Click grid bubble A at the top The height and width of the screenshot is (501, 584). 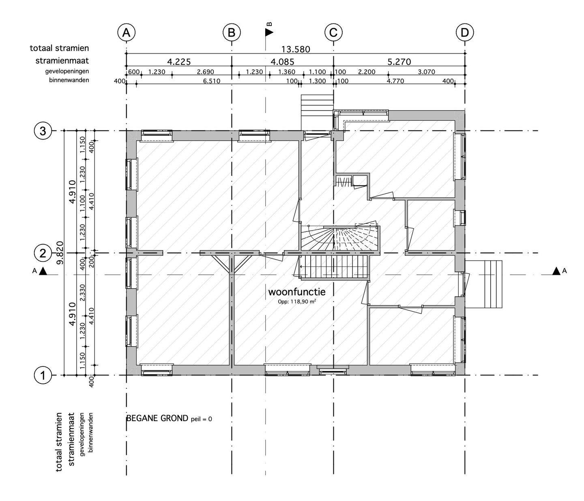pyautogui.click(x=126, y=33)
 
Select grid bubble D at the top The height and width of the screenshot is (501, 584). pyautogui.click(x=465, y=33)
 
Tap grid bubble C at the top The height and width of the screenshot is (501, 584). pyautogui.click(x=333, y=33)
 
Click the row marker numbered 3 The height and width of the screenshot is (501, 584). pyautogui.click(x=43, y=131)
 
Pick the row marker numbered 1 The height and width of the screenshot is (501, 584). pyautogui.click(x=43, y=376)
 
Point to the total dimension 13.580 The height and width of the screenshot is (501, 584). pyautogui.click(x=296, y=49)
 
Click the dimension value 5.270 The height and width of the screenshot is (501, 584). pyautogui.click(x=399, y=62)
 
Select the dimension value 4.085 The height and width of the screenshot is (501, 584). pyautogui.click(x=282, y=62)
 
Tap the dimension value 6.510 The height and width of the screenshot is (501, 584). pyautogui.click(x=212, y=81)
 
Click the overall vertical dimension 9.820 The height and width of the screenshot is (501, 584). pyautogui.click(x=60, y=253)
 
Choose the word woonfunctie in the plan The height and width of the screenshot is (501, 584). pyautogui.click(x=296, y=292)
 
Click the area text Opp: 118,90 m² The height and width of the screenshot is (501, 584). pyautogui.click(x=296, y=301)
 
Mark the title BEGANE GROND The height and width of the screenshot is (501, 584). pyautogui.click(x=157, y=418)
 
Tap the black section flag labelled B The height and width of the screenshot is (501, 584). pyautogui.click(x=269, y=32)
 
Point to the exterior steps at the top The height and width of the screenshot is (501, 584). pyautogui.click(x=317, y=113)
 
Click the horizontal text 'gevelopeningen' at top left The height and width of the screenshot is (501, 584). pyautogui.click(x=67, y=71)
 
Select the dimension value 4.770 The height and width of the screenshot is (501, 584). pyautogui.click(x=395, y=81)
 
